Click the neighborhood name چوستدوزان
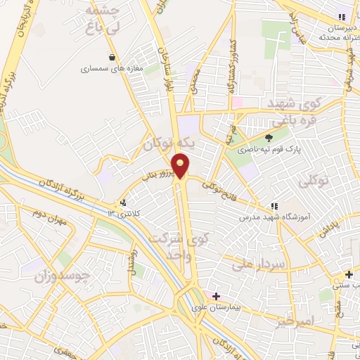(x=63, y=276)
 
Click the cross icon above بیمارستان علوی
(x=216, y=296)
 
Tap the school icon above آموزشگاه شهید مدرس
(x=274, y=205)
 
